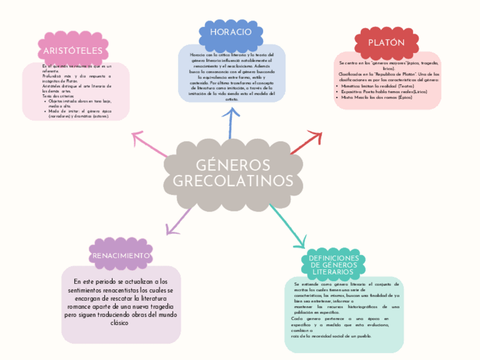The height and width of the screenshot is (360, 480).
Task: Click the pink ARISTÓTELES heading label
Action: click(73, 51)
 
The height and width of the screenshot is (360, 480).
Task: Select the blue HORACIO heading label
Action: click(230, 32)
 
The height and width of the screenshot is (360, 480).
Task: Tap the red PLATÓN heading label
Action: click(387, 43)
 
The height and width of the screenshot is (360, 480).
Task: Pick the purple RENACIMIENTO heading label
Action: click(121, 256)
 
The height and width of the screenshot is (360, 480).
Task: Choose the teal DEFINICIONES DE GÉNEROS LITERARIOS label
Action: click(334, 265)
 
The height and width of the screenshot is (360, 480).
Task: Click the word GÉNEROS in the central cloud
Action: click(233, 165)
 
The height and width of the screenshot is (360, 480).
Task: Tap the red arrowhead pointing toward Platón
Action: click(316, 136)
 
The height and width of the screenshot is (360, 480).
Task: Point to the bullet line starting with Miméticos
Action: click(378, 86)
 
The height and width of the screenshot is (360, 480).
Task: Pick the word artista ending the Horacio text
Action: click(232, 99)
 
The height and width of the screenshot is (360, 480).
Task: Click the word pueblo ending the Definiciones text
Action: click(363, 336)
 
